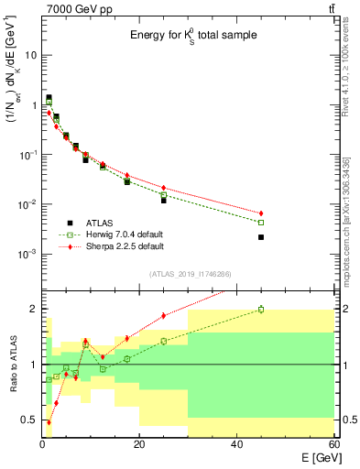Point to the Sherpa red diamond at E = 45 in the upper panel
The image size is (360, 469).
click(261, 213)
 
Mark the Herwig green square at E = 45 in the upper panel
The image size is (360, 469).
click(261, 223)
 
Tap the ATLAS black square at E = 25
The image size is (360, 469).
click(164, 200)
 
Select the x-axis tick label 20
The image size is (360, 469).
click(139, 445)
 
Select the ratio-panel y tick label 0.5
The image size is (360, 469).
click(31, 420)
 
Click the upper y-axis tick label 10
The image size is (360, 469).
click(31, 55)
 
